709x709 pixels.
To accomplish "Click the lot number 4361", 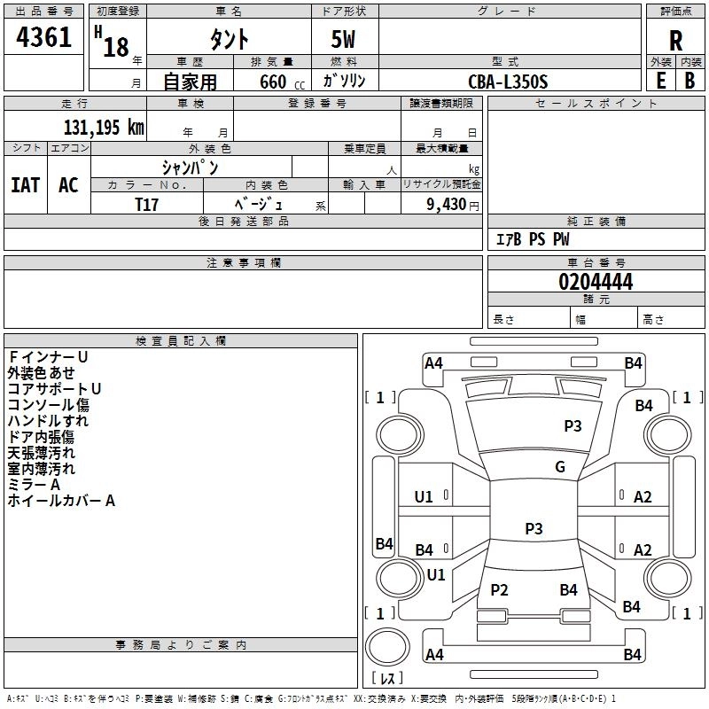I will (x=44, y=37).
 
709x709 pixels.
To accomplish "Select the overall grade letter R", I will (x=675, y=40).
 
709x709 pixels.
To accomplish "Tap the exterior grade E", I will (x=660, y=81).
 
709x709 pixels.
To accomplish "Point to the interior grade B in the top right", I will (x=690, y=81).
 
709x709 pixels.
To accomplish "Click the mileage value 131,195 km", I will (x=103, y=127).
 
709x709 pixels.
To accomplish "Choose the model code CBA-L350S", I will (x=508, y=82).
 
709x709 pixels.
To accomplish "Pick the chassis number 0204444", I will (x=596, y=283).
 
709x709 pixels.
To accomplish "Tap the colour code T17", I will (x=147, y=203).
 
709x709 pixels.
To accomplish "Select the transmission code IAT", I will (x=26, y=185).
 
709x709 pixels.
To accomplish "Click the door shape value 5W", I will (x=345, y=40).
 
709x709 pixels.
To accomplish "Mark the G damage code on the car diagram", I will (x=559, y=467).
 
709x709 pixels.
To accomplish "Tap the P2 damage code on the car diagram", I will (x=499, y=590).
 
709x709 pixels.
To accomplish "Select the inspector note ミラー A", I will (x=34, y=485).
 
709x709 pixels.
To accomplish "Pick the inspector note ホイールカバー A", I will (x=61, y=501).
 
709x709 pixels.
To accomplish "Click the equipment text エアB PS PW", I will (x=532, y=239).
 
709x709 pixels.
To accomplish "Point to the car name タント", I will (x=229, y=40).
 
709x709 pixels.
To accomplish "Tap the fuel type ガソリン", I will (x=344, y=81).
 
